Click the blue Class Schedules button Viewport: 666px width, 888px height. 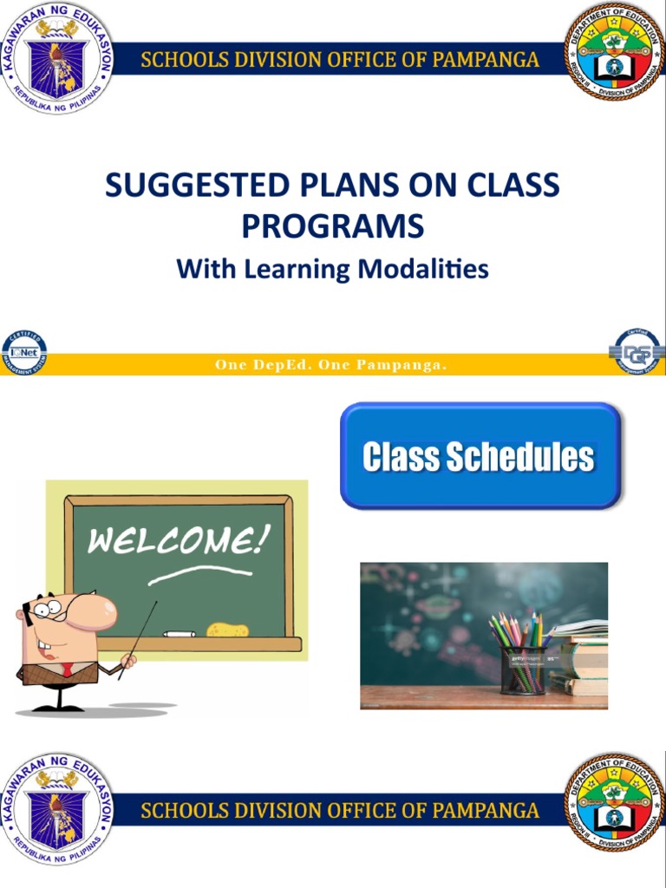[x=480, y=456]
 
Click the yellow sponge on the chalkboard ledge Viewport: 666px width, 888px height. [x=227, y=630]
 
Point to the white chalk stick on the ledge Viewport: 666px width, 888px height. [x=179, y=634]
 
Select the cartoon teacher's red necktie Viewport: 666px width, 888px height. [x=66, y=669]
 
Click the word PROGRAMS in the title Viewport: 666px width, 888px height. [x=332, y=226]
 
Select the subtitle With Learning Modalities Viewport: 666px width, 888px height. [x=332, y=269]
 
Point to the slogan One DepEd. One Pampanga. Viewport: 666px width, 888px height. [x=331, y=365]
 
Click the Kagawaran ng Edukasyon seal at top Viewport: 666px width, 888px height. [x=57, y=59]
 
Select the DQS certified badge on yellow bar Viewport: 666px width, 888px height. [x=637, y=351]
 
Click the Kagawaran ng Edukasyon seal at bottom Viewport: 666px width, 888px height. [x=57, y=808]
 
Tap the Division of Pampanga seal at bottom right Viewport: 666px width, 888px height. [x=614, y=800]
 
